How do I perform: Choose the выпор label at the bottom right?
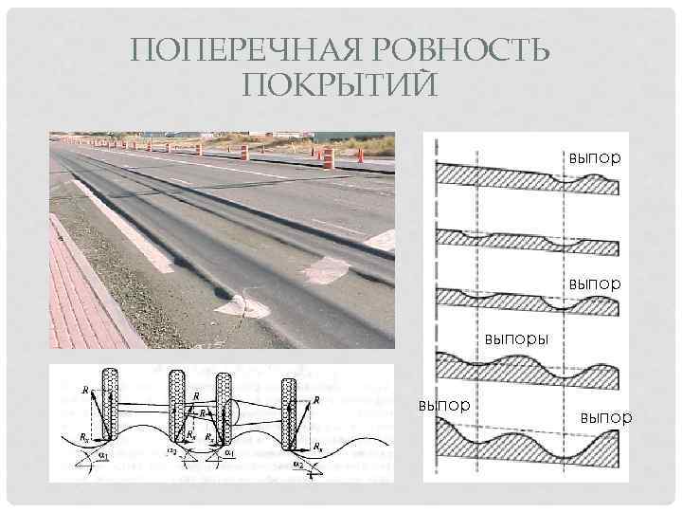[x=605, y=417]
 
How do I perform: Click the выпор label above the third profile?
[x=596, y=283]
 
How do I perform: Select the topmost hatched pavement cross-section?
[x=526, y=177]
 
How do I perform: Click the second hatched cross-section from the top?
[x=526, y=243]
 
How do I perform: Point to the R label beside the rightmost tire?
[x=315, y=400]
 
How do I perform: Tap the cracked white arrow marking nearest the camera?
[x=242, y=305]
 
